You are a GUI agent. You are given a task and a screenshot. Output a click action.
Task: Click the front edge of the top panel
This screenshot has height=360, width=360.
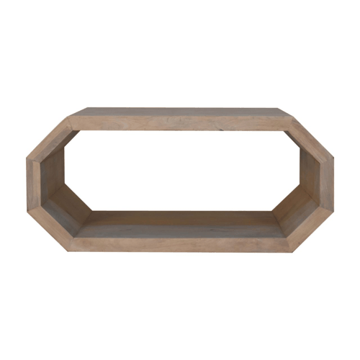point(180,124)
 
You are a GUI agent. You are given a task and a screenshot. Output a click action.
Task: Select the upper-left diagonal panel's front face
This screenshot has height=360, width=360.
point(49,138)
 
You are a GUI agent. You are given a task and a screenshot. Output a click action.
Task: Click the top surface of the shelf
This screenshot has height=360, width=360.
point(180,112)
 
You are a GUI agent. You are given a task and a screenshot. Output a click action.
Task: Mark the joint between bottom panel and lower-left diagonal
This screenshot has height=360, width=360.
point(71,244)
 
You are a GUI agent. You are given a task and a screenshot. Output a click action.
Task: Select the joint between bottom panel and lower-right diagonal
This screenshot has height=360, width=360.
point(289,244)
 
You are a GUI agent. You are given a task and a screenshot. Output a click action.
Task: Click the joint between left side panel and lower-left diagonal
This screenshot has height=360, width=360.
point(32,210)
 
